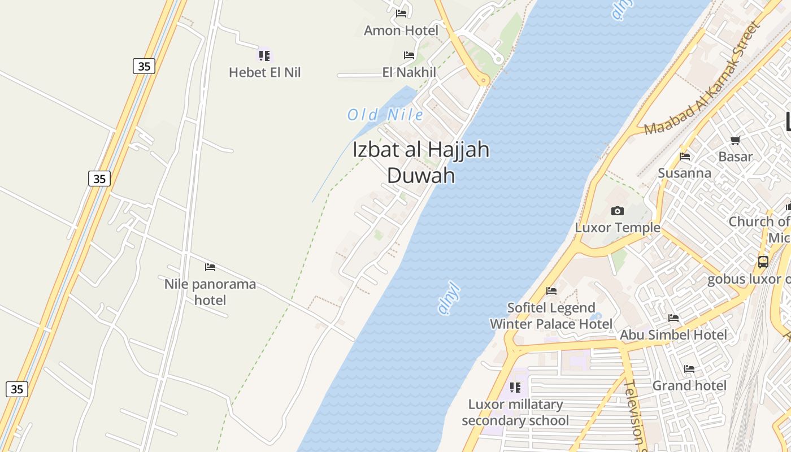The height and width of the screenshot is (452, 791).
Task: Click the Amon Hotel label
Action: click(x=401, y=31)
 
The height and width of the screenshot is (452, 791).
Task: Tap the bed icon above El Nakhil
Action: click(x=409, y=55)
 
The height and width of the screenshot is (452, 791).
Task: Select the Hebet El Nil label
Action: click(x=264, y=72)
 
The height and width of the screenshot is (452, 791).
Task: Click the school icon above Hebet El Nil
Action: click(x=264, y=55)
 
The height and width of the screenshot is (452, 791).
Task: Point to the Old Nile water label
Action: click(x=385, y=115)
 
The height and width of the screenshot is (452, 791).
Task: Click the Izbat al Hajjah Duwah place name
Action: click(x=421, y=163)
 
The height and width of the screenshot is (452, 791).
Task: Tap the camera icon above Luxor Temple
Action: click(x=618, y=211)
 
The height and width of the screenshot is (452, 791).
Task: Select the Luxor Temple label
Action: click(x=618, y=228)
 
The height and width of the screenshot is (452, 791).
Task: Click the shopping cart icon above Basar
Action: click(x=736, y=140)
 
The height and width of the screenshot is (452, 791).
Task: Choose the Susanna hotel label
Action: click(x=684, y=173)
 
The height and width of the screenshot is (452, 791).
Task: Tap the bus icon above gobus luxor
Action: click(x=763, y=262)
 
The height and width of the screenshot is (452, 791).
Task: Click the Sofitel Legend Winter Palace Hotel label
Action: click(x=551, y=316)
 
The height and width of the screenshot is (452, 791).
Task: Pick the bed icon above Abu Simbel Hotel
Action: click(x=673, y=318)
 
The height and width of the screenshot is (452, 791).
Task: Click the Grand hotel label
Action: click(x=689, y=386)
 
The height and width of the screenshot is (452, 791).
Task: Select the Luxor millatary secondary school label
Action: click(x=515, y=412)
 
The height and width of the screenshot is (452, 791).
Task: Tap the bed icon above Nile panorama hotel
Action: click(x=210, y=267)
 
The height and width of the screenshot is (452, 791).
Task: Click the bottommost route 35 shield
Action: click(x=17, y=389)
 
